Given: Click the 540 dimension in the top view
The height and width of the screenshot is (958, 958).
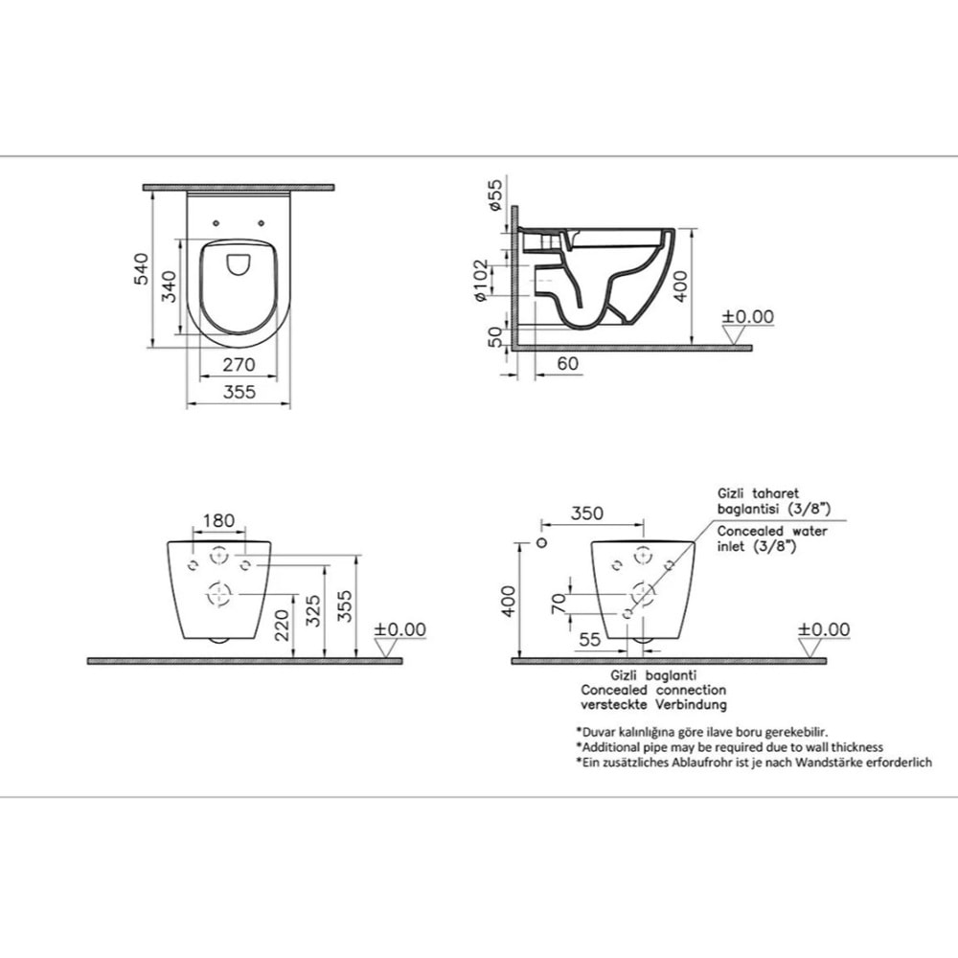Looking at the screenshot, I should click(x=141, y=269).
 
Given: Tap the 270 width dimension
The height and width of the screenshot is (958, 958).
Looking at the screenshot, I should click(x=238, y=364).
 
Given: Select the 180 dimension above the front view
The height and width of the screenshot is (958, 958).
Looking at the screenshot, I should click(x=219, y=521).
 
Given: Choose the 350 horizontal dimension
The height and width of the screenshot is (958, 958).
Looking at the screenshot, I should click(x=586, y=513).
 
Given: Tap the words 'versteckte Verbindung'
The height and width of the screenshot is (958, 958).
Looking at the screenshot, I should click(x=653, y=704).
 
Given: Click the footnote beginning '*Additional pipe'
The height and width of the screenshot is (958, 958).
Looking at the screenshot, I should click(x=729, y=746).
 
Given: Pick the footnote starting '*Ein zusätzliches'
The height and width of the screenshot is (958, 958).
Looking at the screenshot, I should click(x=753, y=762).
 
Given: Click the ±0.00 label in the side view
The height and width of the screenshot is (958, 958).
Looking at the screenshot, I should click(x=747, y=317).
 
